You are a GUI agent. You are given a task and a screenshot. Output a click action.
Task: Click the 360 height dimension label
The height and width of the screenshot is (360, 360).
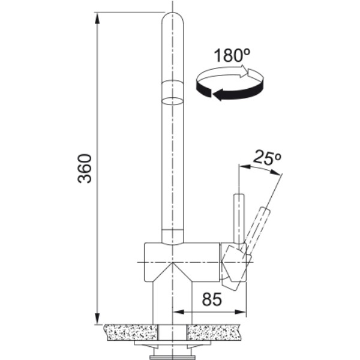point(85,169)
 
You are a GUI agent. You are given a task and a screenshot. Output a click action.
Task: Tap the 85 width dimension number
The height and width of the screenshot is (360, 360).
point(212,299)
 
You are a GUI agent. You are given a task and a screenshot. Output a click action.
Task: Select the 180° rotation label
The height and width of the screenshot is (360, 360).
point(232,55)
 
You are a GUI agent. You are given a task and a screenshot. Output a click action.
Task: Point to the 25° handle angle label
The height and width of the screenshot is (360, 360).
point(267,157)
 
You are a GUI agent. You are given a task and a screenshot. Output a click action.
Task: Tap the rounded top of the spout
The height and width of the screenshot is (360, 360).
point(172,19)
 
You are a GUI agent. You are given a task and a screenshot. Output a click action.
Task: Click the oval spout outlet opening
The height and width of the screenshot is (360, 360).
point(172,101)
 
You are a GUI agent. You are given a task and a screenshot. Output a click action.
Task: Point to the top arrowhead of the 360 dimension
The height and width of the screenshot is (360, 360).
point(97,19)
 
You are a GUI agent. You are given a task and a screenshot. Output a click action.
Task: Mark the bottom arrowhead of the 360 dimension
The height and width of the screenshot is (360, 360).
point(97,319)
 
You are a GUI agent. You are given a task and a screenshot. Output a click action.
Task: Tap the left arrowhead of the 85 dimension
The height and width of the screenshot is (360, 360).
point(179,312)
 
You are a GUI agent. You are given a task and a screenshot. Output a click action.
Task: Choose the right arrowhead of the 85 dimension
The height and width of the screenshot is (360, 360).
point(240,312)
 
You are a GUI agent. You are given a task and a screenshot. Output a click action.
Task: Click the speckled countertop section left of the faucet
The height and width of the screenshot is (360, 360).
point(131,332)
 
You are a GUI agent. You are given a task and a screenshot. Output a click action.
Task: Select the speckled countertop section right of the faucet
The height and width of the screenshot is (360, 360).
point(214,332)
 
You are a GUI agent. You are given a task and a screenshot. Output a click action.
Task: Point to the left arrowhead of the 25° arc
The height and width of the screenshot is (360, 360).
point(245,167)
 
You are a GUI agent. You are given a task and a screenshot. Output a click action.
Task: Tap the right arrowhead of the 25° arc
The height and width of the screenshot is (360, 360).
point(275,173)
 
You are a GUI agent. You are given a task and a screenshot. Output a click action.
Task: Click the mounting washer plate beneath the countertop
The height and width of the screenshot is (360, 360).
point(172,343)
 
